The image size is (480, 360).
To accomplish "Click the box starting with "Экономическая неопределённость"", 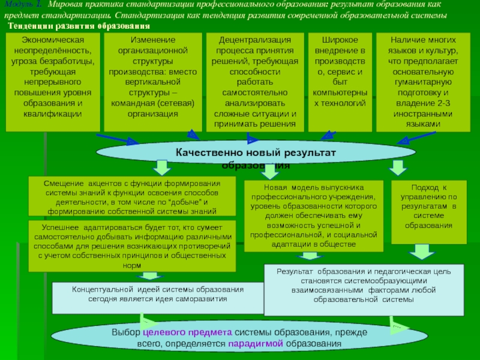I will (52, 82).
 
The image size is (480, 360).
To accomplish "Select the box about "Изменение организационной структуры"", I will (152, 82).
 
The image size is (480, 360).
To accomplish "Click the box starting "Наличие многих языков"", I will (423, 82).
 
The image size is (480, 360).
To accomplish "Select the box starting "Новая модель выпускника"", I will (313, 215).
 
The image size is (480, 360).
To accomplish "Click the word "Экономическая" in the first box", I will (52, 39).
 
